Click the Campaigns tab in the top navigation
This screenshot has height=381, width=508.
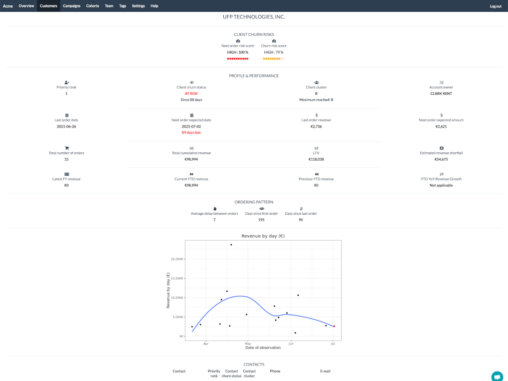(71, 6)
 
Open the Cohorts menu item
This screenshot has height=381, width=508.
(92, 6)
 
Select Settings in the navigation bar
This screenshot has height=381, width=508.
(138, 6)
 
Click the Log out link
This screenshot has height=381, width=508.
(495, 6)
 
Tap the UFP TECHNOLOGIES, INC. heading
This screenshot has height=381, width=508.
(254, 17)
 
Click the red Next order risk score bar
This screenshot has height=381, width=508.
(238, 59)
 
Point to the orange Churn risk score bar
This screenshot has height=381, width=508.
(274, 59)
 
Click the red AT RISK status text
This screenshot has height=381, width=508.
(191, 93)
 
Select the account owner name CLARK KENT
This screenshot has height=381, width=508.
(441, 93)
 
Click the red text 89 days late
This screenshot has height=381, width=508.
(191, 132)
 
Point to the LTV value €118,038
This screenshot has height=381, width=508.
(317, 159)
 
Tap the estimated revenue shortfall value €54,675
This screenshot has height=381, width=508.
(441, 159)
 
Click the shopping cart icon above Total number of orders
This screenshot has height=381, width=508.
(66, 148)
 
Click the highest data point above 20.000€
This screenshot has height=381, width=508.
(231, 245)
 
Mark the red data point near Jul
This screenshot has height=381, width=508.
(334, 326)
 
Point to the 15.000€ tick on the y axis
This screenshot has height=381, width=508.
(177, 278)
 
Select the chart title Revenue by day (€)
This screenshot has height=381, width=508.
(263, 236)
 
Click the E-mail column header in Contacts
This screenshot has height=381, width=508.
(325, 371)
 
